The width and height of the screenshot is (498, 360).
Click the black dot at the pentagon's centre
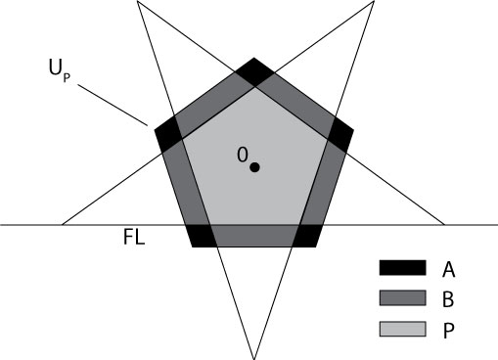(x=254, y=167)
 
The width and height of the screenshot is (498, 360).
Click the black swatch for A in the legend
(x=402, y=267)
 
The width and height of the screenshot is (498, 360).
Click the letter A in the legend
(x=448, y=267)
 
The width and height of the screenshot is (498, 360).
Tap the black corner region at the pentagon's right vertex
(x=340, y=134)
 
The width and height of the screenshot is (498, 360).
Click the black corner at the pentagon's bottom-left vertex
(x=201, y=236)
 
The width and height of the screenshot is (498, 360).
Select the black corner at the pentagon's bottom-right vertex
(x=307, y=236)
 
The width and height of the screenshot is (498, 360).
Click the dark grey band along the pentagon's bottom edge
(x=254, y=236)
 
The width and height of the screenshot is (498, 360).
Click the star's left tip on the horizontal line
(x=63, y=225)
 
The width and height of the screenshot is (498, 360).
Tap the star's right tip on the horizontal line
(x=445, y=225)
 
